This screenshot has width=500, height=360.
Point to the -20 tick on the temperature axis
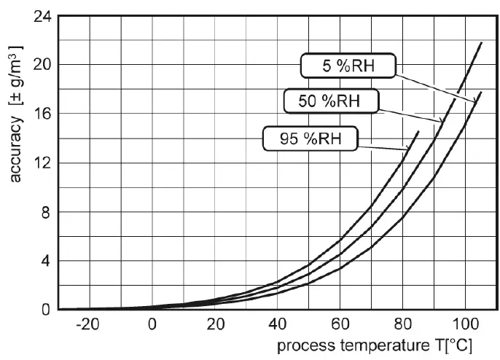[x=88, y=324]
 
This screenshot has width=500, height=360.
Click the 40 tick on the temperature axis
[x=278, y=324]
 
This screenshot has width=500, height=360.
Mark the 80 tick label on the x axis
[x=403, y=324]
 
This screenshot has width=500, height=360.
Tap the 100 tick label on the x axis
[x=464, y=324]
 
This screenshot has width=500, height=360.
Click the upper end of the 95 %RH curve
[x=419, y=131]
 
